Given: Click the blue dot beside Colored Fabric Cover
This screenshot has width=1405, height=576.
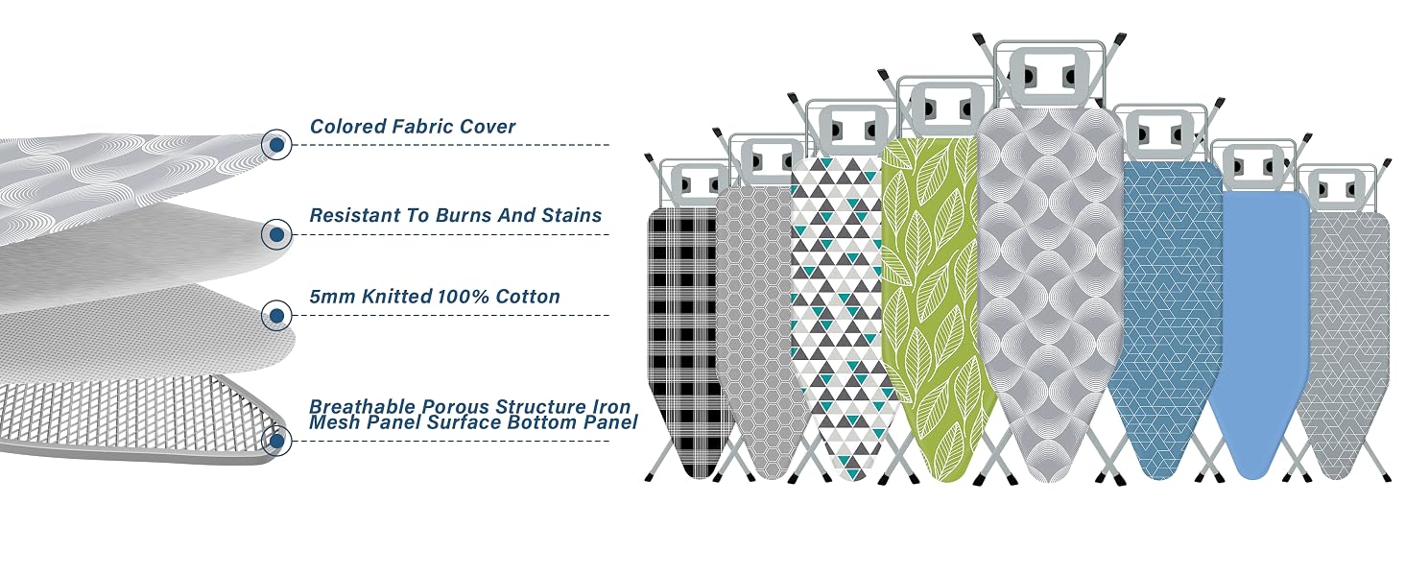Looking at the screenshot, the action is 276,145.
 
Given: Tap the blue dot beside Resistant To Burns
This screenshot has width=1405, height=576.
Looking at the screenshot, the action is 276,234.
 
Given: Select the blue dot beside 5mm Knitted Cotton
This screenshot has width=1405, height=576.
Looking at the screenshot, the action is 276,315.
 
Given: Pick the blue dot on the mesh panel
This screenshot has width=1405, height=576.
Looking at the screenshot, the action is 276,441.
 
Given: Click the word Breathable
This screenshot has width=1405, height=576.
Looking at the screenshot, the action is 363,407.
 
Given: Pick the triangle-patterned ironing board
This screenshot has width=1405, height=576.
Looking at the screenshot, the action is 841,314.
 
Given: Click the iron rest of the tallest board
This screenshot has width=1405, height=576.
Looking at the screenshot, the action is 1048,76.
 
